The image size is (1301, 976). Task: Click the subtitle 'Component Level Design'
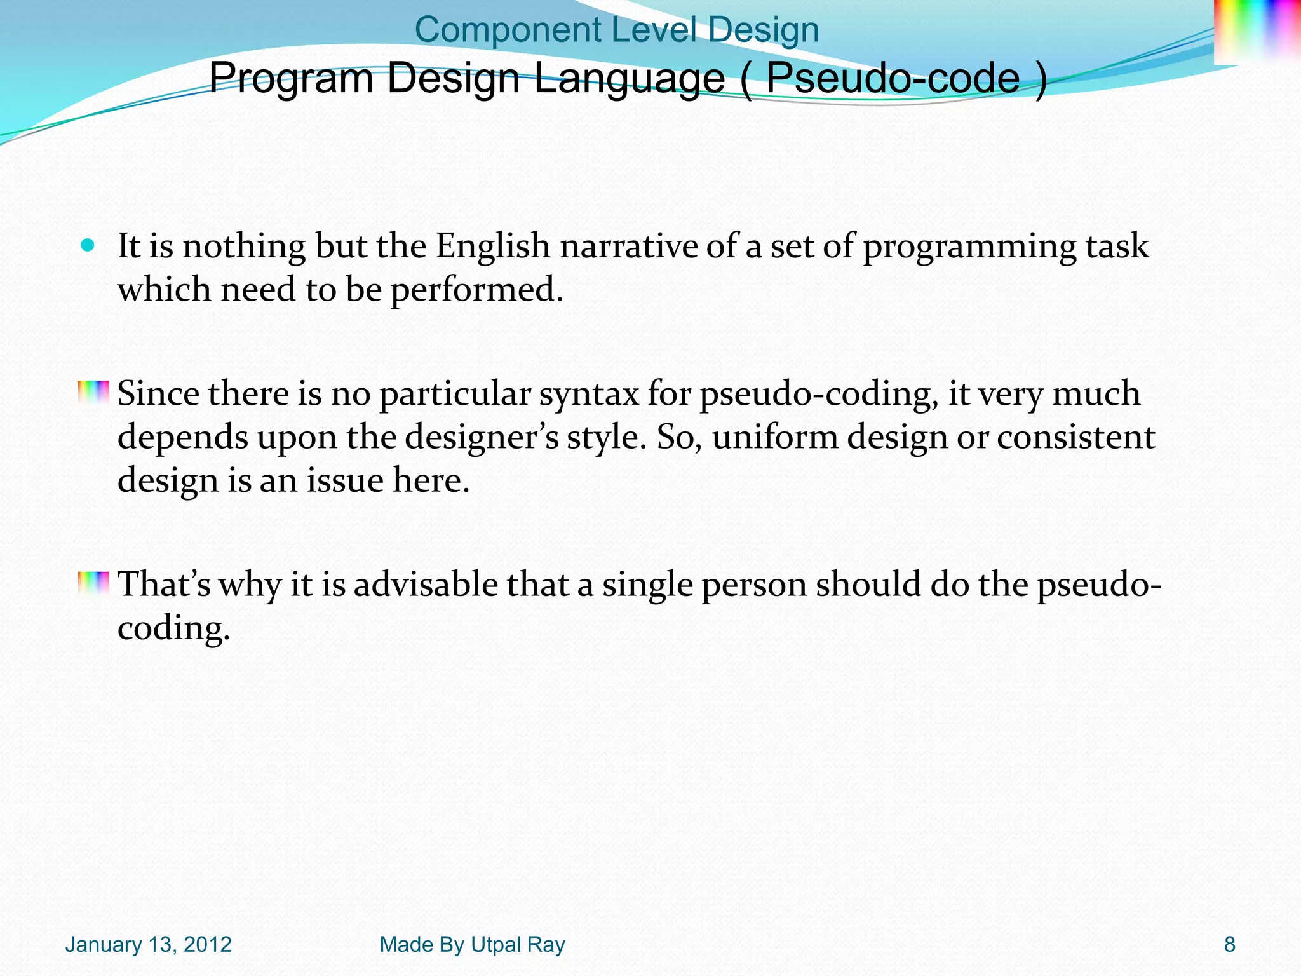[616, 30]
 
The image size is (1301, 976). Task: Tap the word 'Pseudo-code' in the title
[893, 78]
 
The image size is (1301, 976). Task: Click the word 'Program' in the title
[290, 79]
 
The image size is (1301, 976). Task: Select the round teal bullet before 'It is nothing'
[88, 245]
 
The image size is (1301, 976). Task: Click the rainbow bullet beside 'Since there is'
[93, 393]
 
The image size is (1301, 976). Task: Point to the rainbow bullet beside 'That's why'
[93, 583]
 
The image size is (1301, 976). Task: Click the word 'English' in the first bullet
[492, 247]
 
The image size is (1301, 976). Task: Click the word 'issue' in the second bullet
[345, 480]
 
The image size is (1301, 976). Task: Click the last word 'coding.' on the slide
[173, 629]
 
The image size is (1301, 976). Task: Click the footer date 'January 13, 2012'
[148, 945]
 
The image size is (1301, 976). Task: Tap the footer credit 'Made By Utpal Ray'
[472, 945]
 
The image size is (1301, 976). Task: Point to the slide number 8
[1230, 945]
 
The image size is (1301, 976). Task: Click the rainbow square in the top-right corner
[1257, 32]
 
